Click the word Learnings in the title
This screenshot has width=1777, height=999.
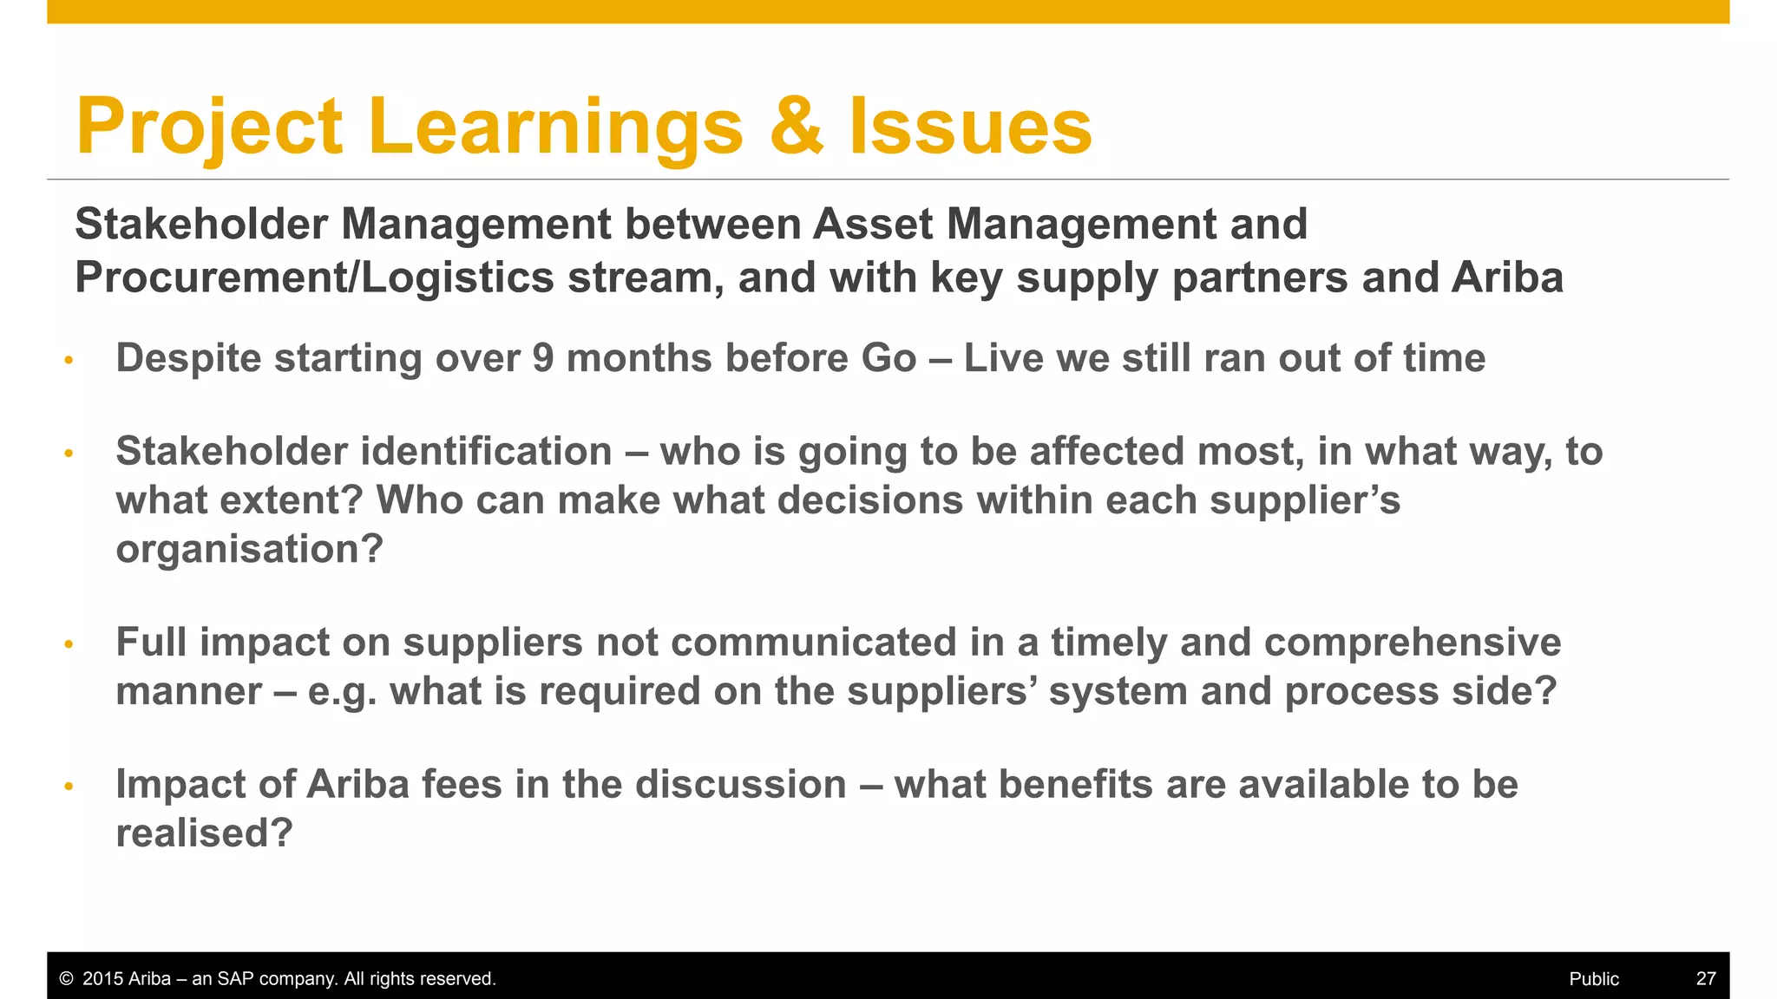(555, 127)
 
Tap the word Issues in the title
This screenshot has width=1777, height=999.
(970, 127)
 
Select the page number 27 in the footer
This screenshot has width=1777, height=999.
(1705, 979)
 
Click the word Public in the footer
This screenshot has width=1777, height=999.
(1593, 979)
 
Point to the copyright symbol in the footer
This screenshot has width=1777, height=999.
(66, 979)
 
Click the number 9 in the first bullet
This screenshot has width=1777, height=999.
(543, 358)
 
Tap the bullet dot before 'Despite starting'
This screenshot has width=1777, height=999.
(69, 360)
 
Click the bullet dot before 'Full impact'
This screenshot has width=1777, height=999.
(69, 644)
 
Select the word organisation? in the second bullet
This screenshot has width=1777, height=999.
(249, 550)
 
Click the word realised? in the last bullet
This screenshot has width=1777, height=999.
(204, 833)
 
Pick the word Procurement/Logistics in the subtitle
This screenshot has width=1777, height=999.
(314, 278)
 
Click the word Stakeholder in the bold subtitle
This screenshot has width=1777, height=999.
(201, 225)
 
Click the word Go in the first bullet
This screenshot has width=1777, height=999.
(888, 358)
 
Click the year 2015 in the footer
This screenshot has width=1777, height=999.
(102, 979)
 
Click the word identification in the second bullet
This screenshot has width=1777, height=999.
(486, 452)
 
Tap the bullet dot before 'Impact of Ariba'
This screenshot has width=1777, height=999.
(69, 787)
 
